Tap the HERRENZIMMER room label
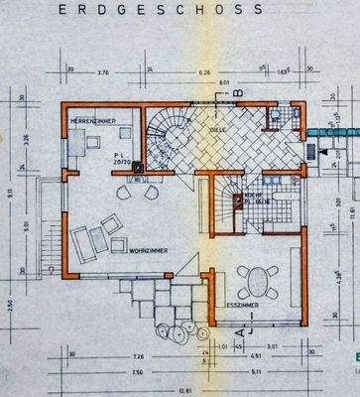(93, 120)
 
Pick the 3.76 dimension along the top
(102, 72)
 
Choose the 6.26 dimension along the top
(206, 72)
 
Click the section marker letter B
(238, 92)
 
